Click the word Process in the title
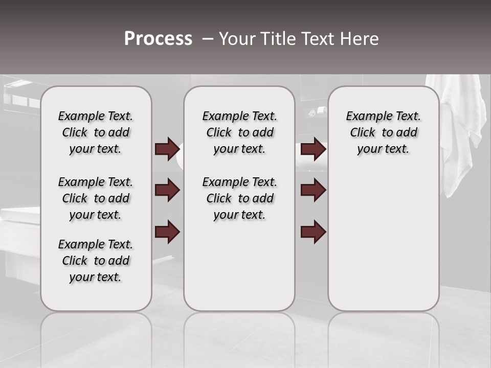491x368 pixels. tap(158, 39)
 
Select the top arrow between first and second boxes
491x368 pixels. tap(167, 149)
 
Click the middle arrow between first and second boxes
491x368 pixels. tap(167, 190)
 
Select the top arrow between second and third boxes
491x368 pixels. tap(313, 149)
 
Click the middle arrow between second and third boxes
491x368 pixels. tap(313, 190)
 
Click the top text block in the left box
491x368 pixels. tap(96, 132)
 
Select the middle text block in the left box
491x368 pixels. tap(96, 198)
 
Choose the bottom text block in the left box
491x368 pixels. tap(96, 261)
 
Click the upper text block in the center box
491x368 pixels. tap(239, 132)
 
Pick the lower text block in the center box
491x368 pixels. tap(239, 198)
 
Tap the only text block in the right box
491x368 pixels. tap(384, 132)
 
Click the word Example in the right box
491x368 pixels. tap(365, 117)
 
